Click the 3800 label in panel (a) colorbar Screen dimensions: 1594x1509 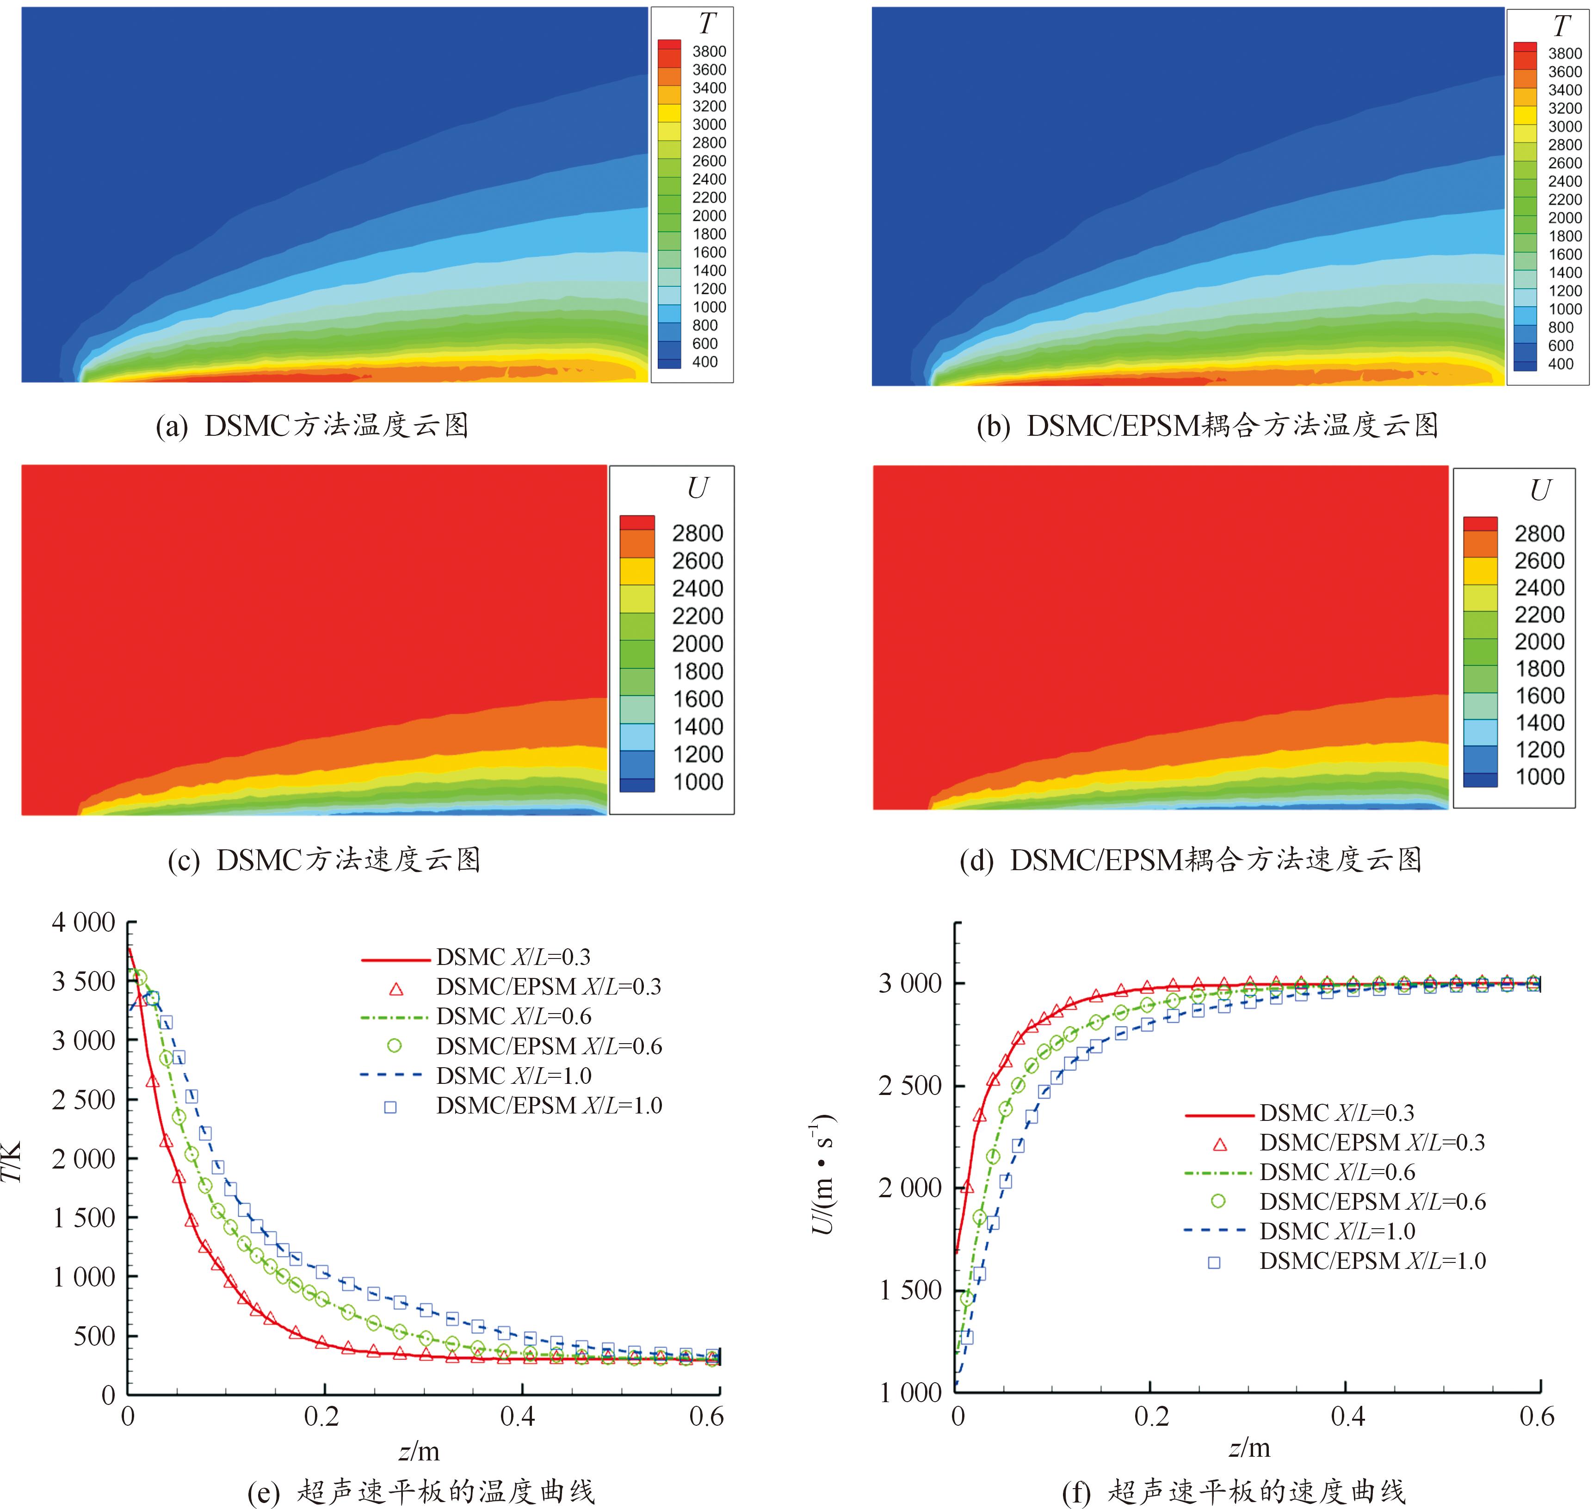click(x=709, y=51)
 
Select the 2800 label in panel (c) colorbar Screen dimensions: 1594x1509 click(x=697, y=533)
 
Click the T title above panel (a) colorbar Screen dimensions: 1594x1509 click(x=706, y=24)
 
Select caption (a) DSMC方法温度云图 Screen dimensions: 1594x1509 click(x=312, y=426)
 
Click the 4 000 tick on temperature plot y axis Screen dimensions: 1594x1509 click(x=84, y=922)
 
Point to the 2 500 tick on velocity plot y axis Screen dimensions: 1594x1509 click(x=909, y=1085)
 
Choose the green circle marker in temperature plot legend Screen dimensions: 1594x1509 click(x=394, y=1045)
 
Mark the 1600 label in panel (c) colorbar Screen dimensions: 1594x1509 click(x=697, y=699)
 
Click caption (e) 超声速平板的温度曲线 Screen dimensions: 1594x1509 click(x=421, y=1492)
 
